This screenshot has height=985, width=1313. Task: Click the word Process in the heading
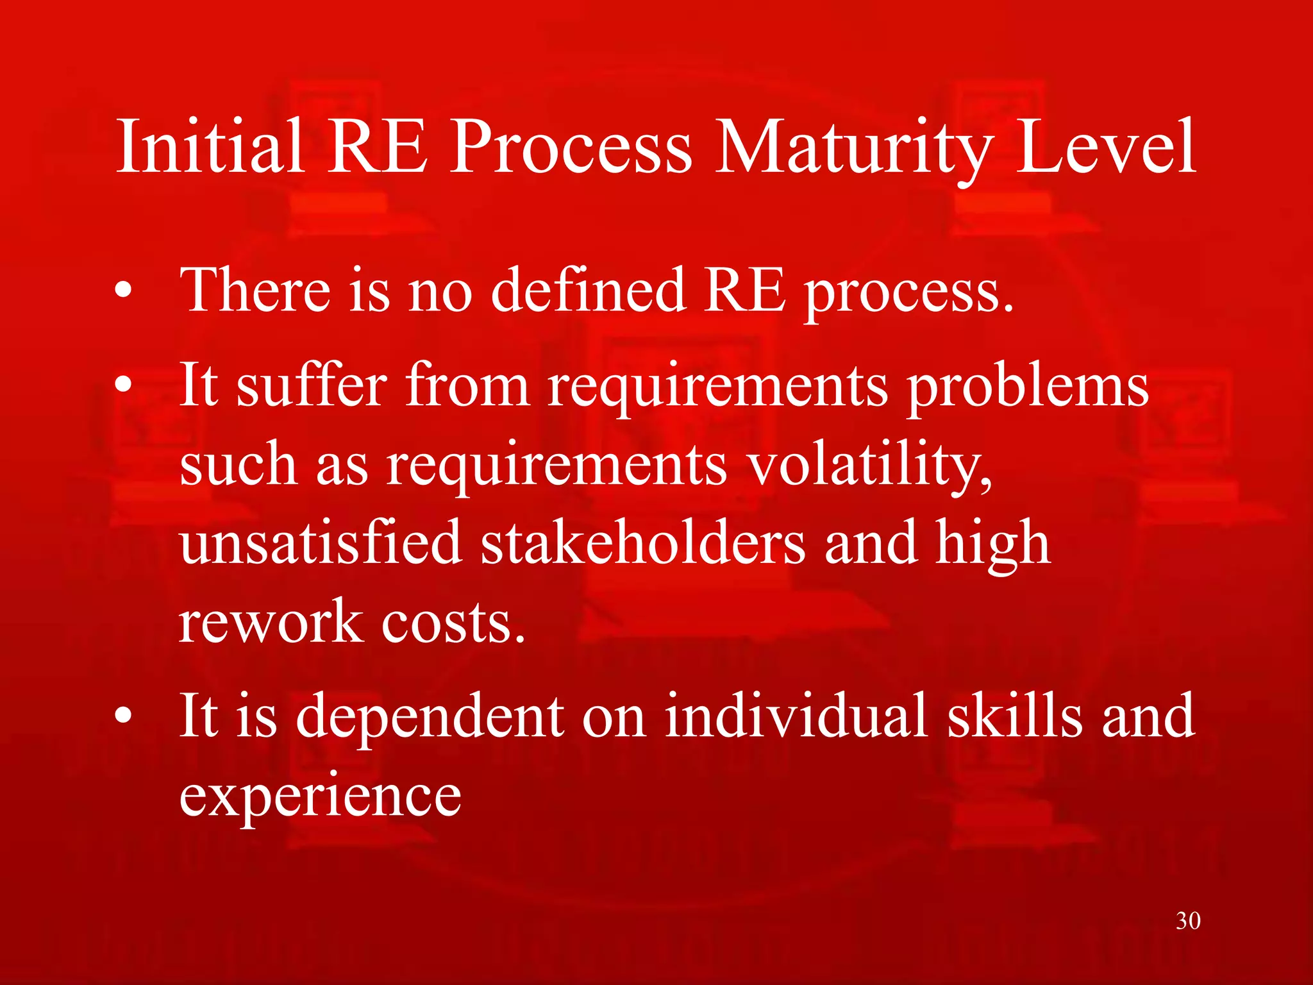click(x=571, y=147)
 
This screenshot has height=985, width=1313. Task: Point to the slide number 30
click(x=1188, y=921)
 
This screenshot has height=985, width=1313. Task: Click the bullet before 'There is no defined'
click(x=124, y=291)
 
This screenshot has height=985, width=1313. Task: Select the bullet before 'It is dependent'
click(x=124, y=716)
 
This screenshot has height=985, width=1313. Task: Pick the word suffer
click(x=312, y=385)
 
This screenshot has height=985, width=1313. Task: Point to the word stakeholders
click(x=642, y=543)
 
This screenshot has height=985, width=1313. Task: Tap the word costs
click(x=453, y=622)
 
